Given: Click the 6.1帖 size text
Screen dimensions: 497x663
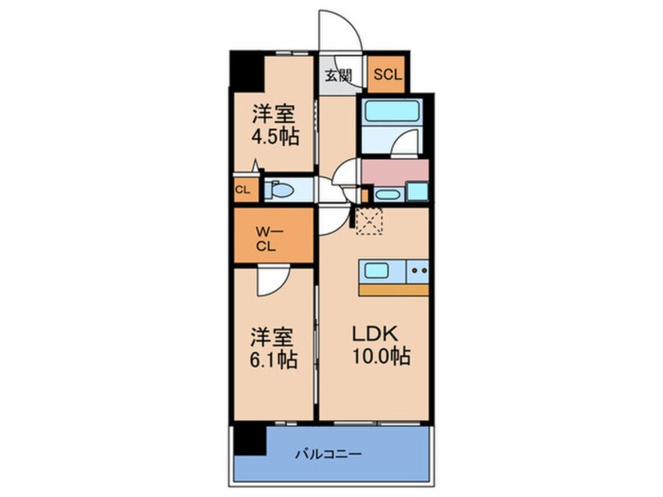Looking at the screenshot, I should point(274,362).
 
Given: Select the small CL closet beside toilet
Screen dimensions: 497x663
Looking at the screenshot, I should point(243,190).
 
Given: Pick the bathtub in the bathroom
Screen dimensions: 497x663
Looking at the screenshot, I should point(389,111).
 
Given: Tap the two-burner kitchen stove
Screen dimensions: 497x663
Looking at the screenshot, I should point(417,271).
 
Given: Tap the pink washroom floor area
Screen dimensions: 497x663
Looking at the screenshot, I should point(394,170).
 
